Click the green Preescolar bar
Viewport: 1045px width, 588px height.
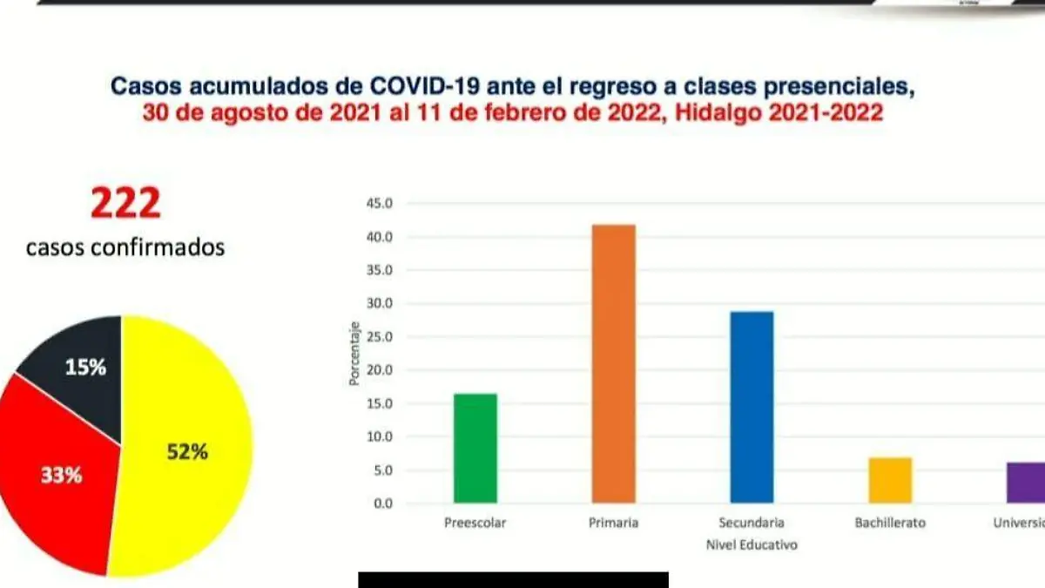pyautogui.click(x=475, y=449)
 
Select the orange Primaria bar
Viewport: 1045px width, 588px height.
pyautogui.click(x=613, y=364)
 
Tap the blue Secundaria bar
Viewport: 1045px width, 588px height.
pyautogui.click(x=752, y=408)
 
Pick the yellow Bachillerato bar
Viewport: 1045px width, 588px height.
pyautogui.click(x=890, y=480)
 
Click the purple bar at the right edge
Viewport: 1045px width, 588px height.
pyautogui.click(x=1025, y=483)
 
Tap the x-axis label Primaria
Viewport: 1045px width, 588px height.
pyautogui.click(x=614, y=523)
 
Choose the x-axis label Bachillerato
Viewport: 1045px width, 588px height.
pyautogui.click(x=890, y=523)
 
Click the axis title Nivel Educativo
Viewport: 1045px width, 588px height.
pyautogui.click(x=752, y=545)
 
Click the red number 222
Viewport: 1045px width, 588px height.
pyautogui.click(x=125, y=205)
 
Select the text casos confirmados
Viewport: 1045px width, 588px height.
pyautogui.click(x=125, y=247)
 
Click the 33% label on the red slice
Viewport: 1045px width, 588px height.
pyautogui.click(x=61, y=476)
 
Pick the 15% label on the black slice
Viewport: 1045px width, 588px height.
pyautogui.click(x=85, y=367)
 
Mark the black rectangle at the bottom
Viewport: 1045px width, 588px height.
pyautogui.click(x=513, y=580)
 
